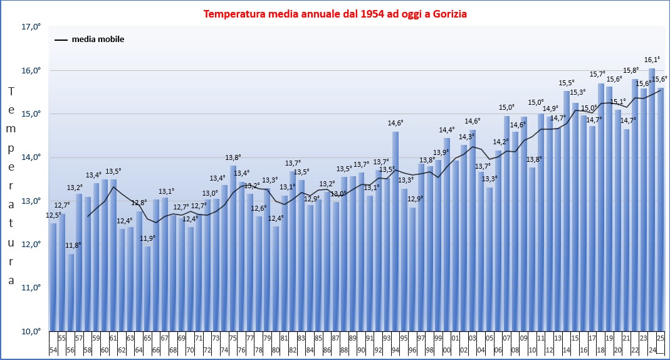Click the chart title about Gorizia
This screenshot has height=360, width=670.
[x=335, y=13]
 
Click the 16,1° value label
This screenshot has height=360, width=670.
[x=652, y=60]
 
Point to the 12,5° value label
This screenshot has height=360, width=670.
[x=54, y=216]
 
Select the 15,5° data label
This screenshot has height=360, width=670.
[x=567, y=83]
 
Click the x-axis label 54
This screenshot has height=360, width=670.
[x=53, y=349]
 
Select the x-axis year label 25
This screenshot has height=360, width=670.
[x=660, y=337]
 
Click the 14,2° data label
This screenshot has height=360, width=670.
[x=500, y=142]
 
